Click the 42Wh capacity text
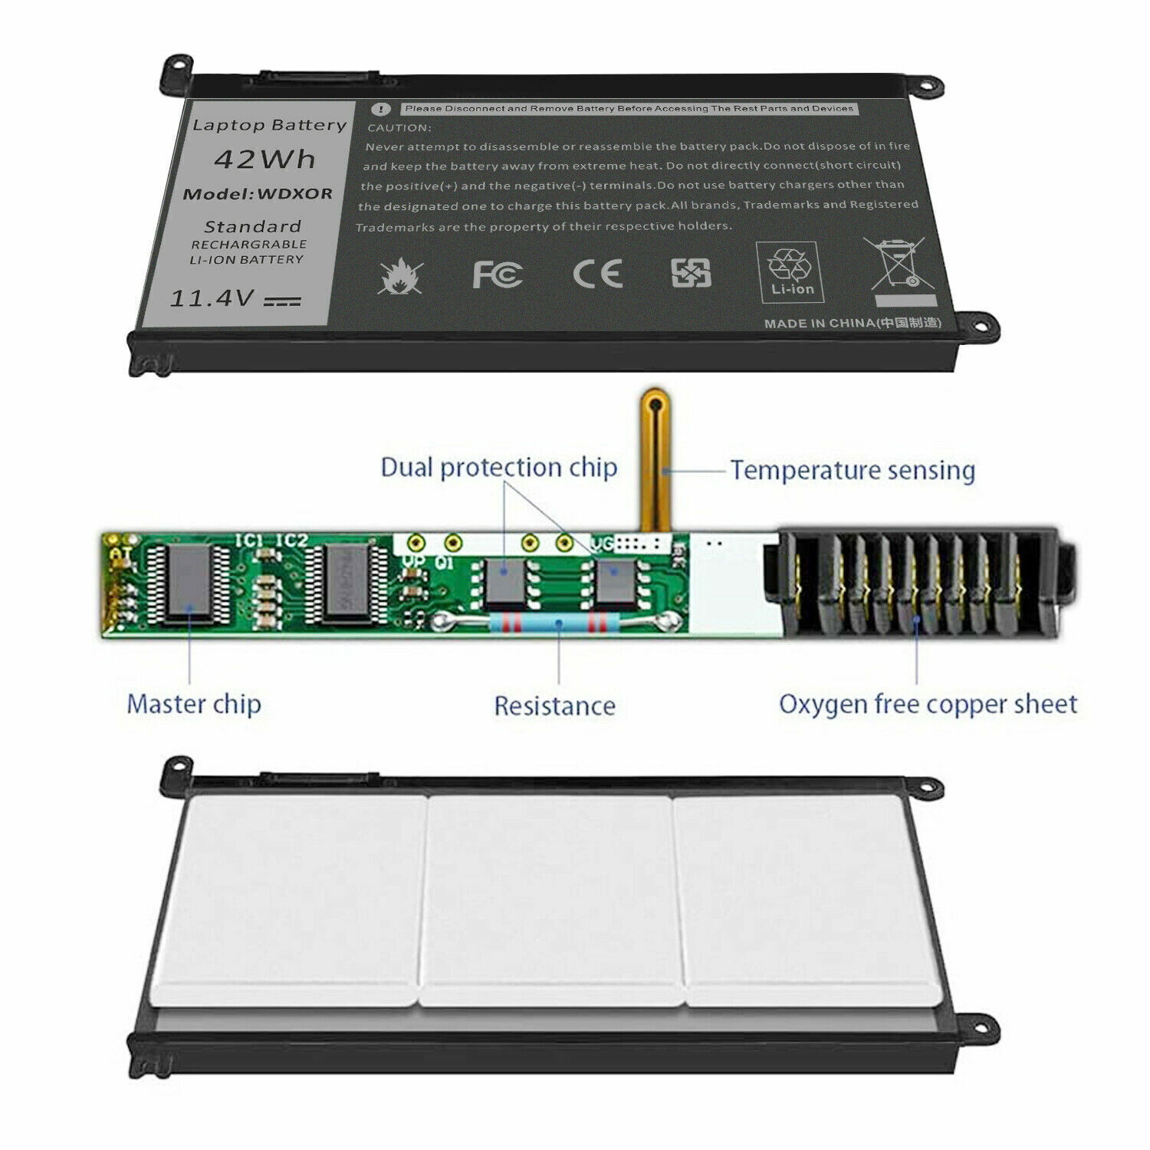[264, 159]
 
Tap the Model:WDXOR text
[258, 194]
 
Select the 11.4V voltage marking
[212, 297]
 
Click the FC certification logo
[497, 274]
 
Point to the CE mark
[598, 274]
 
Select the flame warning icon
[399, 277]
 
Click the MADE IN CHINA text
[852, 323]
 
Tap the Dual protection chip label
[498, 468]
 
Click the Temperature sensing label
[852, 470]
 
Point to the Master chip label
[193, 704]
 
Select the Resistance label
[554, 706]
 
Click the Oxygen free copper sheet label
[928, 704]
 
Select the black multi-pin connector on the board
[916, 583]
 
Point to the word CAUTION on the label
[399, 128]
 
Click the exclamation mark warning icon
[380, 110]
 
